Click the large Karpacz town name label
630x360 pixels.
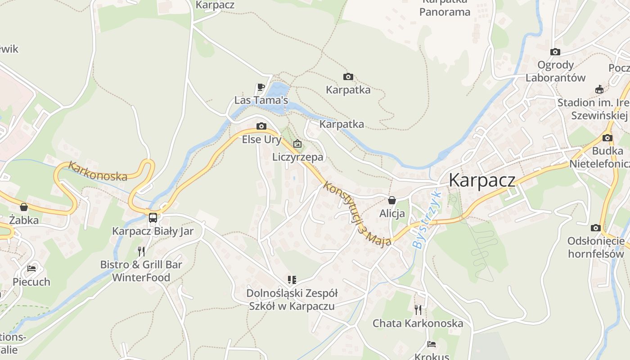pyautogui.click(x=482, y=180)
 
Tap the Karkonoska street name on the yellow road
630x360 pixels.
pyautogui.click(x=98, y=171)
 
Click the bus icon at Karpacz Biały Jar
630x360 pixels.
pyautogui.click(x=153, y=218)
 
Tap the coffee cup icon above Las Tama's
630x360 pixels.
pyautogui.click(x=261, y=87)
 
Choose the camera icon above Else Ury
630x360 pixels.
pyautogui.click(x=261, y=126)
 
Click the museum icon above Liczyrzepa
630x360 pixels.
pyautogui.click(x=297, y=144)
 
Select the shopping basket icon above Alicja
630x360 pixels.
pyautogui.click(x=392, y=200)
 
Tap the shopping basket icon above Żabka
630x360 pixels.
pyautogui.click(x=24, y=207)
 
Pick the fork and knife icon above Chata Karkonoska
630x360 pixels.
pyautogui.click(x=418, y=310)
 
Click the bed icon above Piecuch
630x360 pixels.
pyautogui.click(x=31, y=269)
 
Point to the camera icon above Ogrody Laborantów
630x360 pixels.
pyautogui.click(x=555, y=52)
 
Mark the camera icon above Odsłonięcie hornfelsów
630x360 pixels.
pyautogui.click(x=596, y=228)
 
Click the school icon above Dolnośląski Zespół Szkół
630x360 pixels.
pyautogui.click(x=292, y=280)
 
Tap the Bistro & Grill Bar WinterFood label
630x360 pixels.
pyautogui.click(x=141, y=271)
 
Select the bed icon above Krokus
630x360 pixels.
pyautogui.click(x=431, y=344)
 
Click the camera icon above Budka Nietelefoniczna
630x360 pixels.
pyautogui.click(x=607, y=138)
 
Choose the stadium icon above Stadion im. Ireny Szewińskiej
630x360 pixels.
pyautogui.click(x=599, y=90)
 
